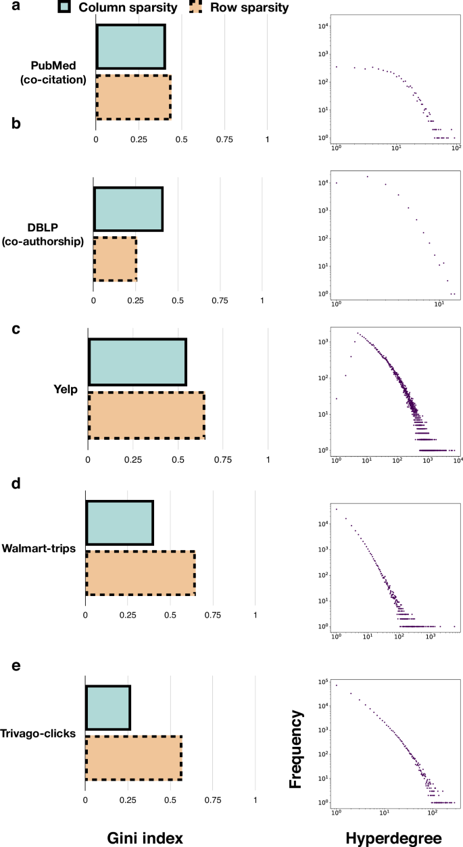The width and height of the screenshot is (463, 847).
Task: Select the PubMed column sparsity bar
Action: point(130,47)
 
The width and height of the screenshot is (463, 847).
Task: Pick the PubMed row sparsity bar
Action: point(133,97)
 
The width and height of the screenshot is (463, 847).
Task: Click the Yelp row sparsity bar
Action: point(146,415)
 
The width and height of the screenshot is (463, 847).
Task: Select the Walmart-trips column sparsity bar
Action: point(119,523)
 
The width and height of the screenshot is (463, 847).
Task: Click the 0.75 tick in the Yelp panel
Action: point(223,459)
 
